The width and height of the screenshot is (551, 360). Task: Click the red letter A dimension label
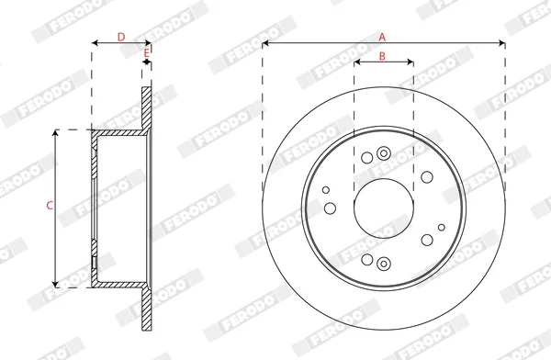tap(382, 37)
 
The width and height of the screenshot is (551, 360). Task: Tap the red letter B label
tap(382, 56)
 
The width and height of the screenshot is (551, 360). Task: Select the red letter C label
tap(50, 206)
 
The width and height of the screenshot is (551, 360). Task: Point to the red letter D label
tap(121, 37)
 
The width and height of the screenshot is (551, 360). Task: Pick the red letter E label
tap(147, 53)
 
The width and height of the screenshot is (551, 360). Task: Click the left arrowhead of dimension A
tap(265, 43)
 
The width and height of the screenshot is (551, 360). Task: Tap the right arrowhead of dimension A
tap(502, 43)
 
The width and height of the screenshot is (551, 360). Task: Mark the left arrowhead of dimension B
tap(357, 62)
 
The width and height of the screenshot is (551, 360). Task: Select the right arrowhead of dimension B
tap(410, 62)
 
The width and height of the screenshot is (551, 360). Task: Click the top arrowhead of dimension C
tap(55, 132)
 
